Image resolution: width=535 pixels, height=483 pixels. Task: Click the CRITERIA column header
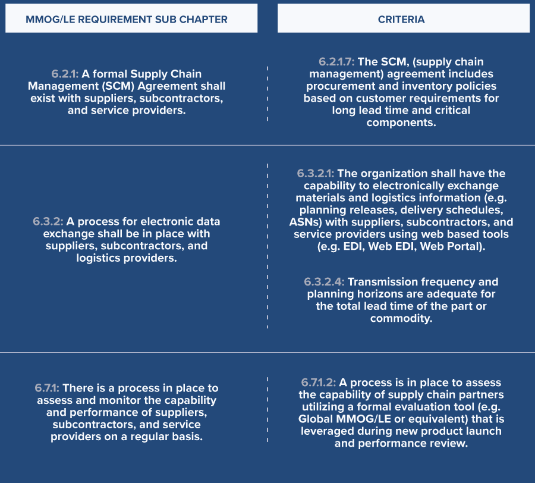[x=401, y=19]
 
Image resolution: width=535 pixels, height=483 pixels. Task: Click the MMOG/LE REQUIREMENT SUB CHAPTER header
[x=127, y=19]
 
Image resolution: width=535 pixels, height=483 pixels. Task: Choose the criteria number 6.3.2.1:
[x=315, y=174]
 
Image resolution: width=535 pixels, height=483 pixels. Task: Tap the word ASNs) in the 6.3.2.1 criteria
[x=310, y=222]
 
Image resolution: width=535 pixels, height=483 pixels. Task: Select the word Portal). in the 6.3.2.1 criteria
[x=466, y=247]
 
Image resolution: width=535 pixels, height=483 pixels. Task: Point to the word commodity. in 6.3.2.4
[x=401, y=318]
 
